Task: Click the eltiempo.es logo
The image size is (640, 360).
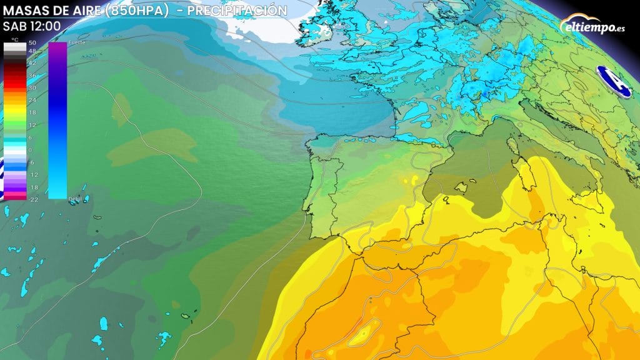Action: pyautogui.click(x=594, y=27)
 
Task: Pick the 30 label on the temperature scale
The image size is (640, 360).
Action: pyautogui.click(x=31, y=88)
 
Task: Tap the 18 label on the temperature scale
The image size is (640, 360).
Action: pyautogui.click(x=31, y=112)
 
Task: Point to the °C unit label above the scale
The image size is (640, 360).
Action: pyautogui.click(x=14, y=39)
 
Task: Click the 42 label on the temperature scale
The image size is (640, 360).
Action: pyautogui.click(x=31, y=63)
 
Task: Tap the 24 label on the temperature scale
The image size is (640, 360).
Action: pyautogui.click(x=31, y=100)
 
